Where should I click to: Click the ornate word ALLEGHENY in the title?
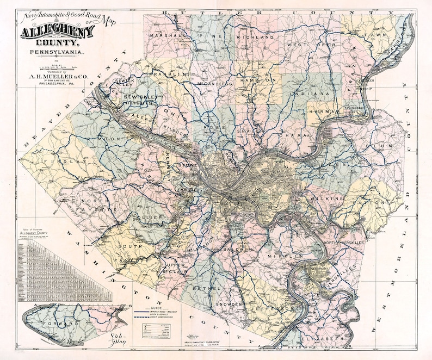pos(57,33)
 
